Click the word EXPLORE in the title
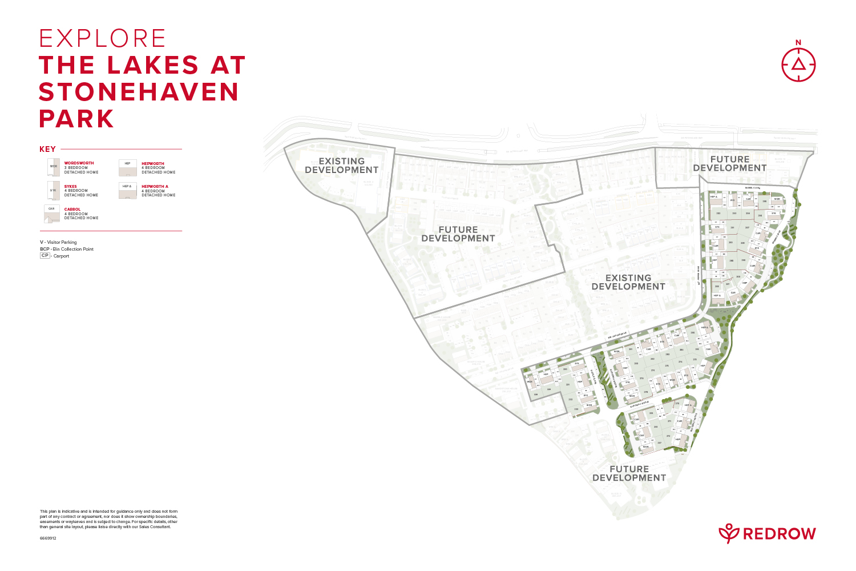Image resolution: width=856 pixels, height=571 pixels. pos(103,39)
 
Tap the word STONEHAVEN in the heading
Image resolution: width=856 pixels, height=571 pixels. pos(139,92)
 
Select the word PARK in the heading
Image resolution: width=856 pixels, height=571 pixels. pos(76,119)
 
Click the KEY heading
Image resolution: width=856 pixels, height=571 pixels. pos(47,149)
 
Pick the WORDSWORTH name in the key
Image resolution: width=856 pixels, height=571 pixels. pos(79,163)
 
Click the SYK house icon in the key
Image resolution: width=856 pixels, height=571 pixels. pos(53,191)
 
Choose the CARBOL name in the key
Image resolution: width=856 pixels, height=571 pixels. pos(72,210)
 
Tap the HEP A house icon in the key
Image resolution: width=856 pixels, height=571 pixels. pos(127,190)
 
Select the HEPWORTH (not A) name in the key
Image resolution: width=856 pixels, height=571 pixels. pos(152,164)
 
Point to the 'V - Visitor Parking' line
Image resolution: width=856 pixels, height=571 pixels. pos(58,242)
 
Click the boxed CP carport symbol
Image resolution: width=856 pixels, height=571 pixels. pos(45,256)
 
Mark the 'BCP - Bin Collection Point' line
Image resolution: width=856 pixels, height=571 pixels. pos(67,249)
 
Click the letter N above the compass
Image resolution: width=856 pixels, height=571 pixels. pos(798,42)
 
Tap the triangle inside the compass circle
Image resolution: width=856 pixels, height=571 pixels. pos(798,64)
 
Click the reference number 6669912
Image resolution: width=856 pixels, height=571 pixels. pos(48,538)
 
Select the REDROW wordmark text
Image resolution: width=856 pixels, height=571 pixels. pos(779,534)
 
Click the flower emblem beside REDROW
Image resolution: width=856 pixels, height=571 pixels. pos(729,533)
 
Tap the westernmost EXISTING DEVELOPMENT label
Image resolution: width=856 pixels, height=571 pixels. pos(341,166)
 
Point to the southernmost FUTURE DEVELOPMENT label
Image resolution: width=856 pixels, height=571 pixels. pos(629,473)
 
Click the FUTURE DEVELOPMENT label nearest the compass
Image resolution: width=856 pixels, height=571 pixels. pos(729,163)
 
